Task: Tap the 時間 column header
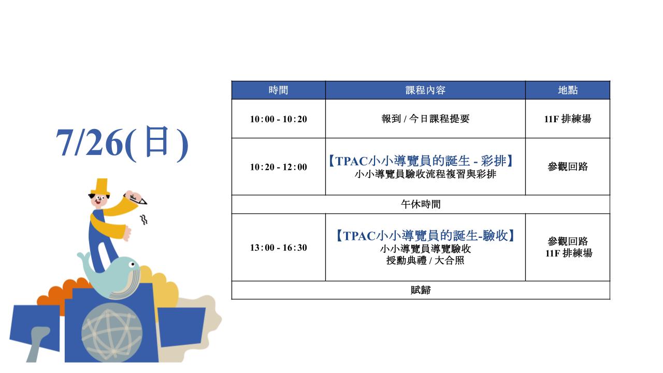[278, 90]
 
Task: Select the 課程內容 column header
[425, 90]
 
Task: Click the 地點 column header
[568, 90]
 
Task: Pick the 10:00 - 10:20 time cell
[278, 119]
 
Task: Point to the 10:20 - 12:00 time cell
[278, 167]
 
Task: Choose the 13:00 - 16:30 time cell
[278, 248]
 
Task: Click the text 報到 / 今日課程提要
[425, 119]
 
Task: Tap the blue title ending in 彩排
[421, 161]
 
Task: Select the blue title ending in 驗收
[425, 236]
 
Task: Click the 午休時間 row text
[421, 204]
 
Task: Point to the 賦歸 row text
[421, 290]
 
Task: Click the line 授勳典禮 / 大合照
[425, 261]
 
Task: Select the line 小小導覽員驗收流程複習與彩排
[425, 174]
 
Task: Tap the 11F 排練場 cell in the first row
[568, 119]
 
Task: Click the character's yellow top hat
[100, 187]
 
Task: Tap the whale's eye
[132, 264]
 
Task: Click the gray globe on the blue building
[112, 333]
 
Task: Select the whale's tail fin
[84, 256]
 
